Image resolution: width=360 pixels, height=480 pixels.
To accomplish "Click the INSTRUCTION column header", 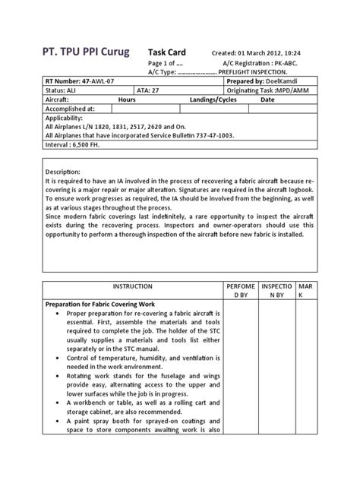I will (x=132, y=286).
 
